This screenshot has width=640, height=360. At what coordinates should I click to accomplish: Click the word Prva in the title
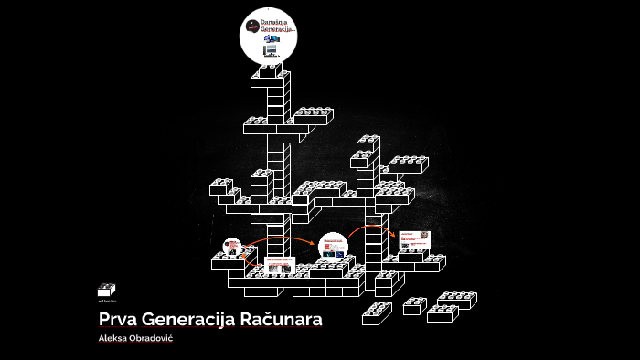pos(117,321)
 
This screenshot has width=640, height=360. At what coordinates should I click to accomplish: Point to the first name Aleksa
pos(114,339)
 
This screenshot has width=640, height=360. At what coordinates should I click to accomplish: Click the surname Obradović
pos(154,339)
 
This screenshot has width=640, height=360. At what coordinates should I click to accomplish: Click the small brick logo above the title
pos(106,290)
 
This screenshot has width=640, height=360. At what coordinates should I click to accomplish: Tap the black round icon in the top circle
pos(252,26)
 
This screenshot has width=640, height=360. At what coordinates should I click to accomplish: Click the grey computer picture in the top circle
pos(272,50)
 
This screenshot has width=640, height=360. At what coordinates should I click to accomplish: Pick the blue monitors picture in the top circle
pos(272,38)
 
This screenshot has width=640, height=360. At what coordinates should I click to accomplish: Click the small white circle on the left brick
pos(232,246)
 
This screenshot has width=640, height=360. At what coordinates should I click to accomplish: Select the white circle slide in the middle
pos(333,247)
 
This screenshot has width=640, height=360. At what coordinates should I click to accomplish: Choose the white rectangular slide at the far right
pos(414,239)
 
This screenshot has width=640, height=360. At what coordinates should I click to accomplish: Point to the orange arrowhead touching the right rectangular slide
pos(393,235)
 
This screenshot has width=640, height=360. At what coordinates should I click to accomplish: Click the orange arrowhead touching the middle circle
pos(315,244)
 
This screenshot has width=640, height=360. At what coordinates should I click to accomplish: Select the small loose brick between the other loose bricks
pos(414,307)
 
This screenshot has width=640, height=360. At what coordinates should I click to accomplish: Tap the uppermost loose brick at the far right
pos(457,300)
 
